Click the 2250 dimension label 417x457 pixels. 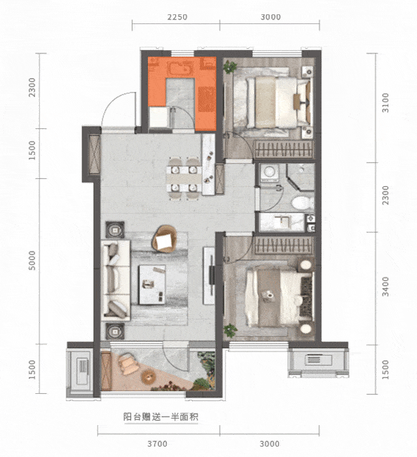(177, 17)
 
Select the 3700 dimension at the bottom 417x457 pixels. (157, 443)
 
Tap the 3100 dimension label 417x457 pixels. (386, 103)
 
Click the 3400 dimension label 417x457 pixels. (386, 286)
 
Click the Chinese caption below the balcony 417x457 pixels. (161, 417)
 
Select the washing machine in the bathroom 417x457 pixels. (268, 173)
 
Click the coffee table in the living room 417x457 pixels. (152, 284)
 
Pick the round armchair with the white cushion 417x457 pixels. (164, 239)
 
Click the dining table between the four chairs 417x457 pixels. (184, 178)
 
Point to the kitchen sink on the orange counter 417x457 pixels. (179, 70)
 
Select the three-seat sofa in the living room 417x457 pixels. (115, 280)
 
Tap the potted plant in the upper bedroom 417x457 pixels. (230, 67)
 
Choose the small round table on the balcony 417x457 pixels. (149, 376)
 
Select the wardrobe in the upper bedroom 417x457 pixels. (283, 150)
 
